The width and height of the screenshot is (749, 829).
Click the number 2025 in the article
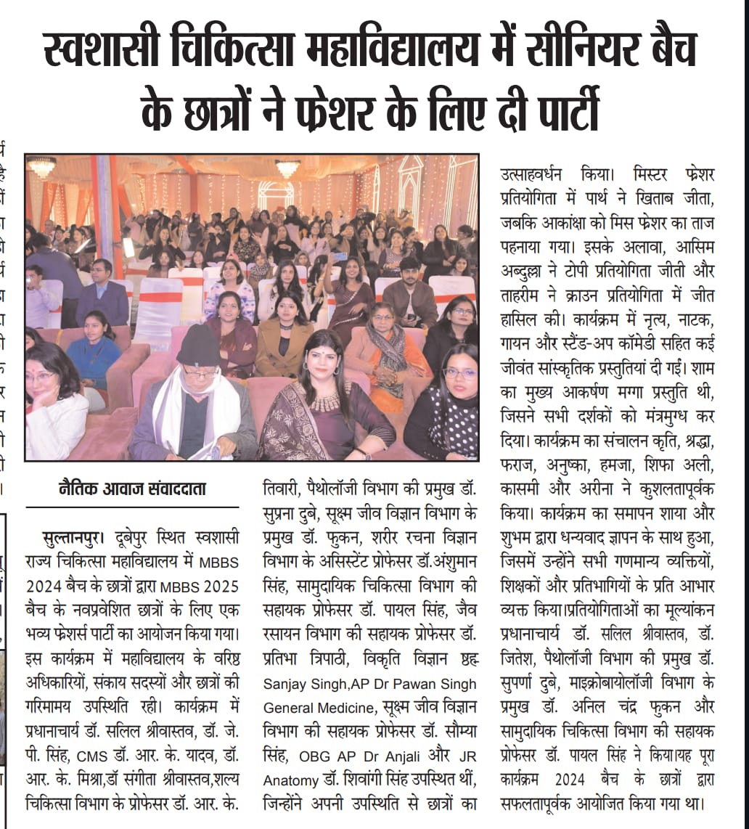218,586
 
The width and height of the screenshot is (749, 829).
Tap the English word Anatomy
290,780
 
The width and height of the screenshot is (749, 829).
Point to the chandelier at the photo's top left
42,168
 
